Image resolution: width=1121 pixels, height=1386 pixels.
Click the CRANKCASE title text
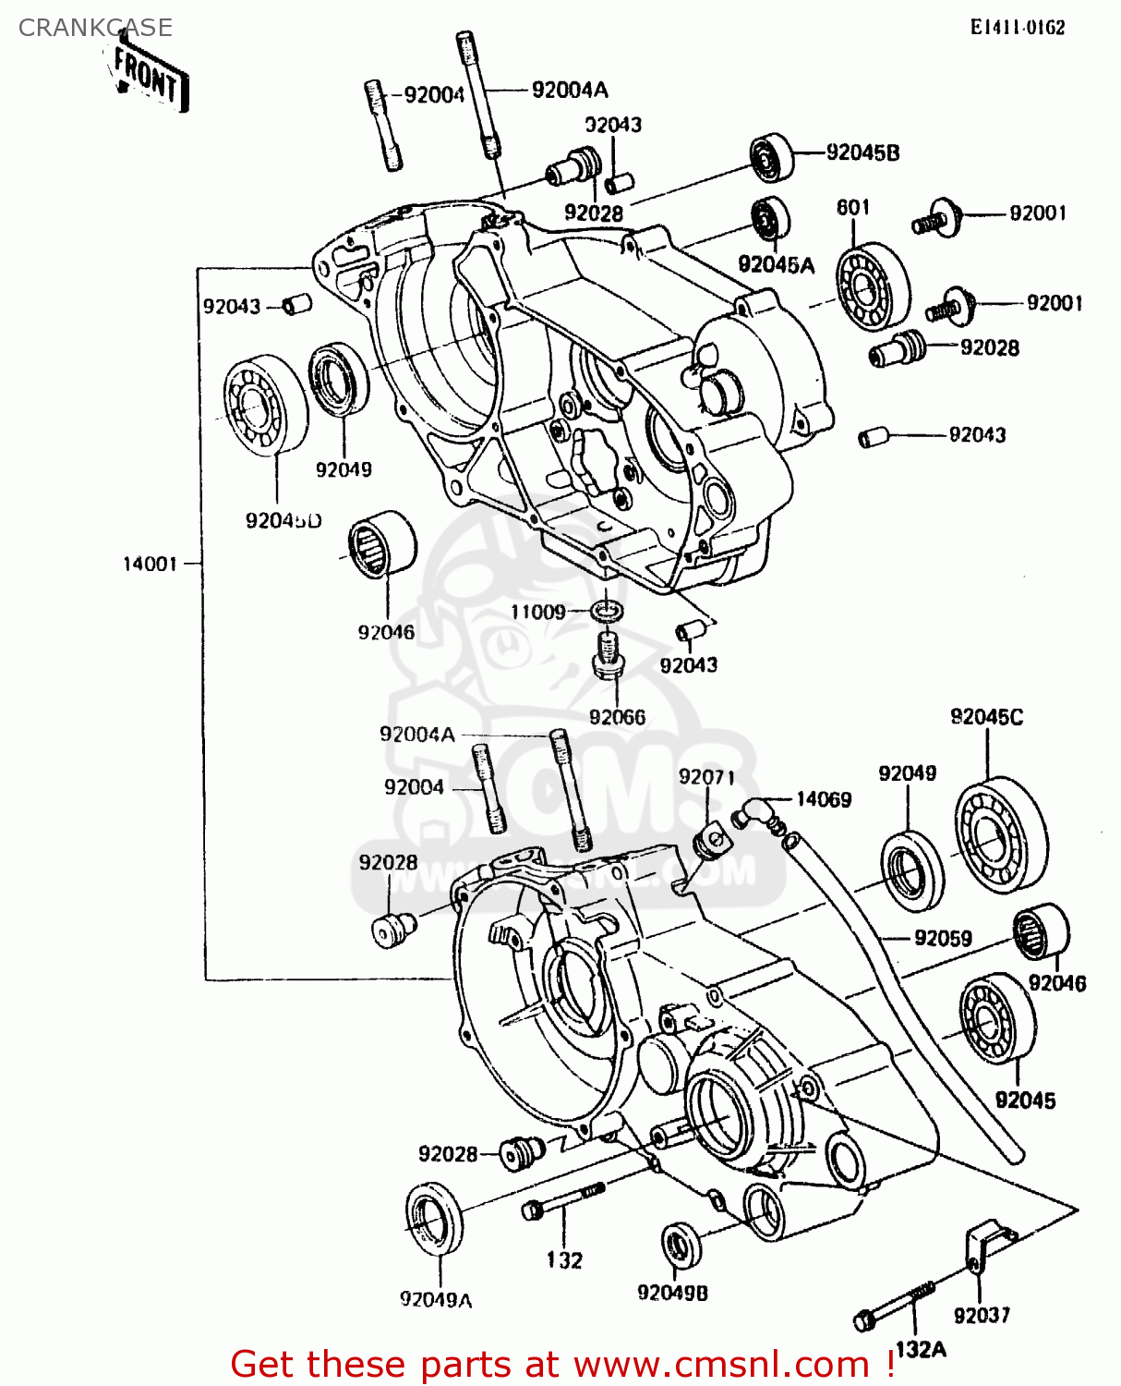tap(95, 28)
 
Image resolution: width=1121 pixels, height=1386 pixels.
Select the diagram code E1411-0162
tap(1017, 28)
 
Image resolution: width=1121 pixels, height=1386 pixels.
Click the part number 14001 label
tap(150, 564)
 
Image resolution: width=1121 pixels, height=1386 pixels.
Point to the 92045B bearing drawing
tap(772, 157)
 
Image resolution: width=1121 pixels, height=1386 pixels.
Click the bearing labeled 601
tap(873, 286)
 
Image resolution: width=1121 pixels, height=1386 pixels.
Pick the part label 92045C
tap(986, 717)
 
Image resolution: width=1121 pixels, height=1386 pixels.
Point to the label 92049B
tap(672, 1293)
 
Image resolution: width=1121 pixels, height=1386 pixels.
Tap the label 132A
tap(920, 1350)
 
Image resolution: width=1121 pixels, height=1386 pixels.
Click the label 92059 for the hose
tap(943, 939)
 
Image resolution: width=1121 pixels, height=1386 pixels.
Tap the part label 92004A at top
tap(570, 90)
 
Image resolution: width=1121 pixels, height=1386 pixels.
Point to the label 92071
tap(706, 777)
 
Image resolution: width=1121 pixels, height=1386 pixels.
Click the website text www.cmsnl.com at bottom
tap(721, 1364)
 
